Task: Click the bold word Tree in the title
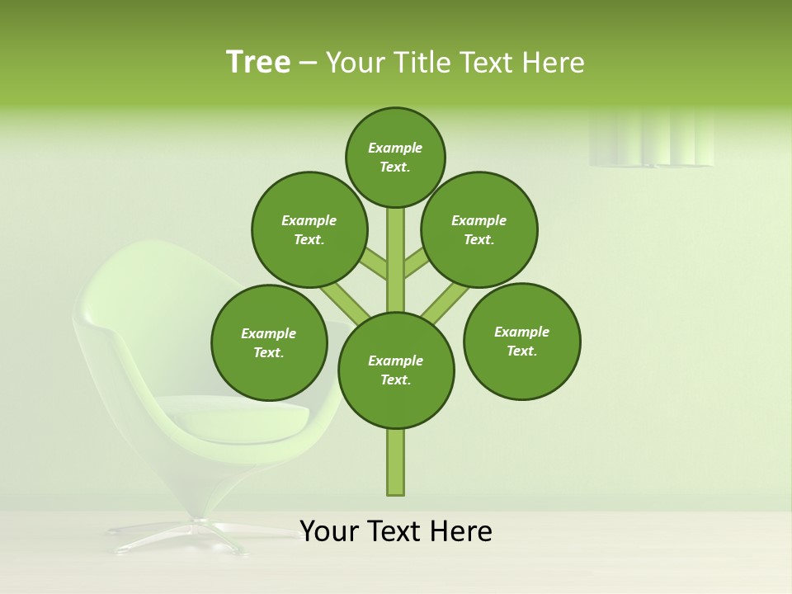pos(258,62)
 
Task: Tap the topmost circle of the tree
pos(395,157)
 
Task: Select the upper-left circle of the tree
pos(309,229)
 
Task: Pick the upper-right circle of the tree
pos(479,229)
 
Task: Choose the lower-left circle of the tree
pos(269,342)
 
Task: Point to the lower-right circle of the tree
pos(521,341)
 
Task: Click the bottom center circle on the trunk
pos(396,370)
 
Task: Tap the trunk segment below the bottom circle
pos(396,462)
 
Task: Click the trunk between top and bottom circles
pos(396,260)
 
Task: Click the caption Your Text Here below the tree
pos(396,530)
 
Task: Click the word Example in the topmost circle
pos(395,148)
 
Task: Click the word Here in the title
pos(554,63)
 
